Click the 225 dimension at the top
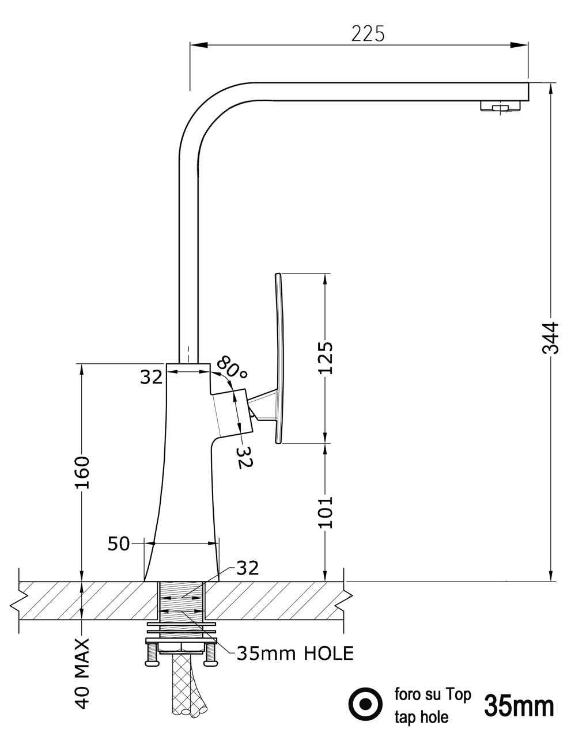click(368, 34)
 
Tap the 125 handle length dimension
click(326, 358)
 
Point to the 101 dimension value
click(326, 512)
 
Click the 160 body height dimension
click(82, 472)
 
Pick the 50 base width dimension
click(119, 543)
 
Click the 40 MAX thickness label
click(82, 673)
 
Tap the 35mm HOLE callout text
click(296, 653)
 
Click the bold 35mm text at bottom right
click(519, 705)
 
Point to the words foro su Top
click(432, 694)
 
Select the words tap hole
click(421, 717)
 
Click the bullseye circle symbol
click(365, 704)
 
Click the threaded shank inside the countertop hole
click(182, 602)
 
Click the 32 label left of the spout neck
click(152, 377)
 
